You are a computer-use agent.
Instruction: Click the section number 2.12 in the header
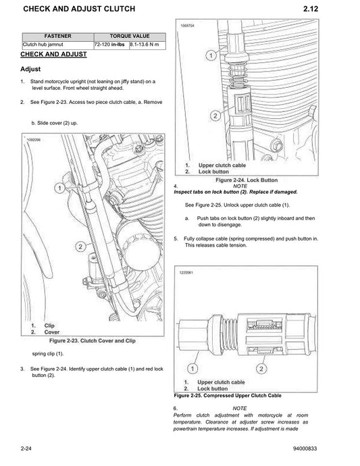click(x=338, y=9)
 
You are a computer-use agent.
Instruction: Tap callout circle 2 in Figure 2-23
click(x=80, y=247)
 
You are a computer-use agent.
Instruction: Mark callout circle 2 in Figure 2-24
click(x=214, y=116)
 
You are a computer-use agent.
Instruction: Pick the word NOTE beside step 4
click(x=240, y=186)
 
